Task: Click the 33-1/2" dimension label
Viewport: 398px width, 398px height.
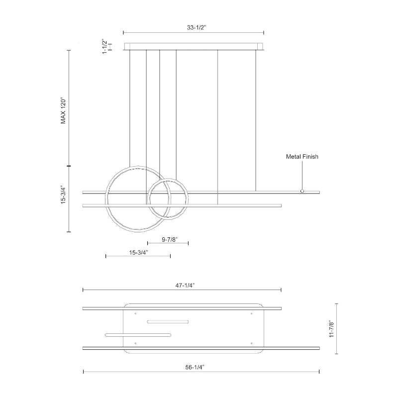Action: click(x=197, y=27)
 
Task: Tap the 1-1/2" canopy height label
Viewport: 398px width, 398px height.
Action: click(x=104, y=46)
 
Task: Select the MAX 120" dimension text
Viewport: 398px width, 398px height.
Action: click(x=63, y=110)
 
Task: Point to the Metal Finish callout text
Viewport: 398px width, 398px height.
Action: click(x=302, y=157)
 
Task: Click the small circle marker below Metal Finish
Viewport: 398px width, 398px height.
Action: click(x=302, y=191)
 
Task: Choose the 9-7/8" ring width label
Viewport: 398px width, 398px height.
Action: click(x=170, y=239)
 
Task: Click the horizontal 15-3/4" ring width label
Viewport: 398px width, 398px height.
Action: click(x=139, y=253)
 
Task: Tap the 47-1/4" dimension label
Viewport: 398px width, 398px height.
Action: click(x=185, y=285)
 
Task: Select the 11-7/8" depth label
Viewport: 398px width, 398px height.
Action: click(x=331, y=329)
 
